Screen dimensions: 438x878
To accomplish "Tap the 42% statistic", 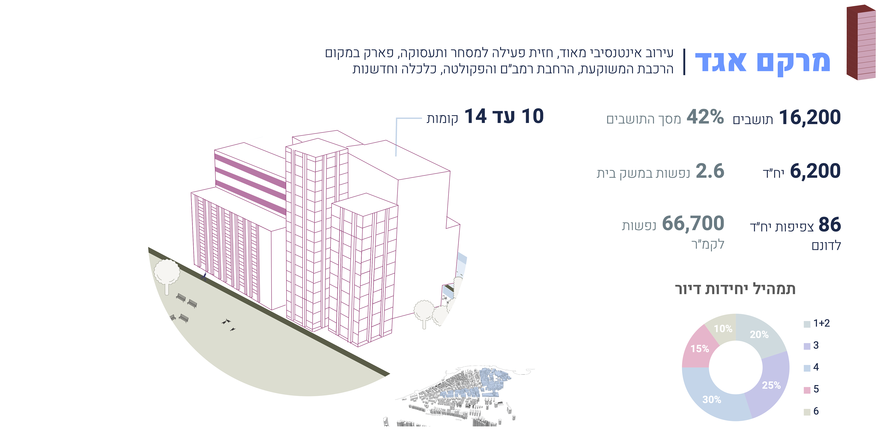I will click(x=705, y=117).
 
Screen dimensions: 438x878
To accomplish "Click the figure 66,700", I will click(x=693, y=224).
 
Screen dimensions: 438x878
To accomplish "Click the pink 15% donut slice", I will click(x=700, y=349).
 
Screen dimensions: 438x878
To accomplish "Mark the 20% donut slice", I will click(x=759, y=334).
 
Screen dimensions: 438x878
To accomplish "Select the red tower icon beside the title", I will click(x=861, y=43).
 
